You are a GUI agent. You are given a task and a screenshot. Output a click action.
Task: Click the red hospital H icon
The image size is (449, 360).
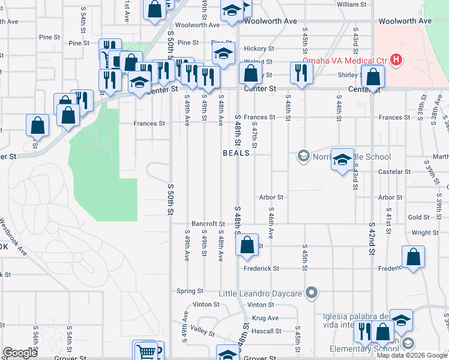396,59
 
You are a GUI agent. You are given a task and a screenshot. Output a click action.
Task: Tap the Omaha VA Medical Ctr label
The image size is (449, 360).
345,60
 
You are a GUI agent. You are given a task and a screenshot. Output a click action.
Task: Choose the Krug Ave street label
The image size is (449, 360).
265,318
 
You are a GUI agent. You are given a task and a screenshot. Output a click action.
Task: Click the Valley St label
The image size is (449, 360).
202,329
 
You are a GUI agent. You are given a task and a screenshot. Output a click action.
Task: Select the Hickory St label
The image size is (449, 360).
259,49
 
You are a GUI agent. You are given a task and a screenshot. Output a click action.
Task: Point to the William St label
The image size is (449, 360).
352,4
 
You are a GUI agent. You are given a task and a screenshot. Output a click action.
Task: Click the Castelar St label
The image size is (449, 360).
394,172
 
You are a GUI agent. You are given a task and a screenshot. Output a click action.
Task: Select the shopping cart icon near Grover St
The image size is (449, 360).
148,350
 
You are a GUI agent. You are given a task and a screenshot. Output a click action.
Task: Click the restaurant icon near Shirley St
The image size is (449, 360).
300,72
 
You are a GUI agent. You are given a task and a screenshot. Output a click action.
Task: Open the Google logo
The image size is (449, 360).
20,353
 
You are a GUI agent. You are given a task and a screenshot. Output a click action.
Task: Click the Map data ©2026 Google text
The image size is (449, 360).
412,355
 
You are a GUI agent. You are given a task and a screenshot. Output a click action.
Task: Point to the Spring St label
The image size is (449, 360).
190,291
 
